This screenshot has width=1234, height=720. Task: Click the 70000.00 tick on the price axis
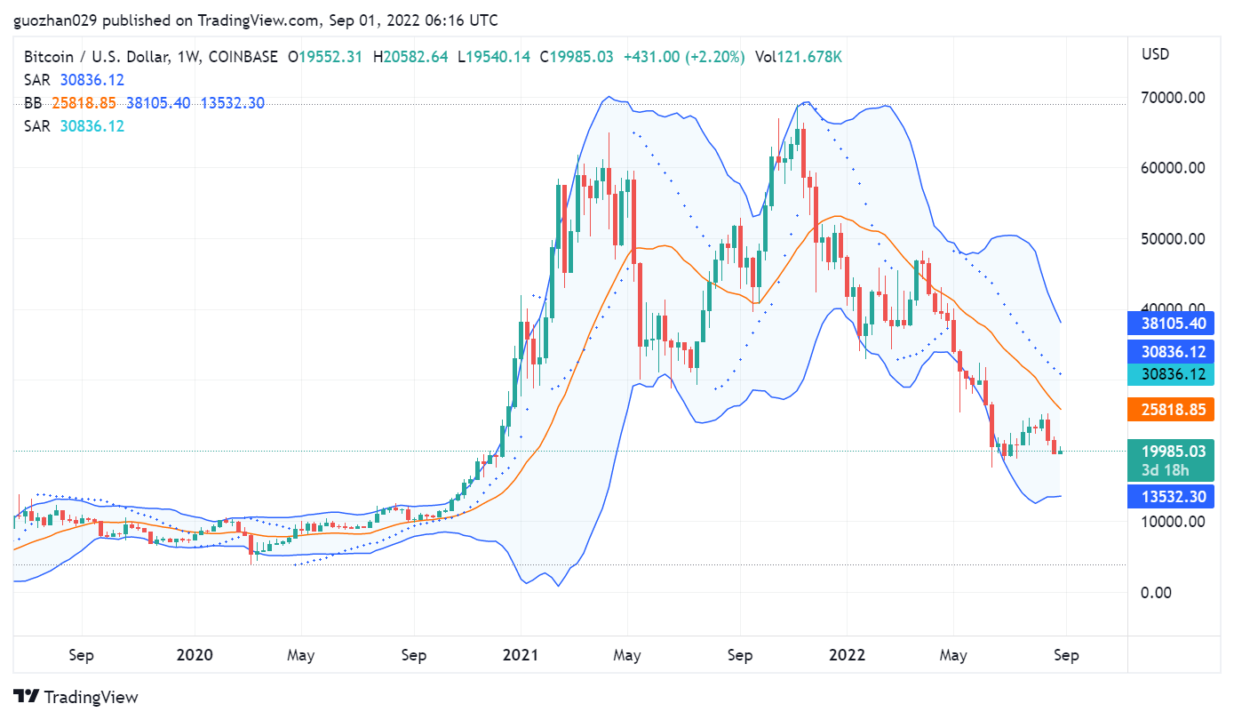click(1173, 97)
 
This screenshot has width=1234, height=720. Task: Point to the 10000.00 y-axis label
click(1173, 522)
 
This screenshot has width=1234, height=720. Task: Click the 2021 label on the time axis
click(521, 656)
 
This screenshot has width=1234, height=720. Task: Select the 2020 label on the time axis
click(195, 656)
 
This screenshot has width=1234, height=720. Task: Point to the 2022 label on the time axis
click(847, 656)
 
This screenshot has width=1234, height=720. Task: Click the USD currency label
click(1155, 54)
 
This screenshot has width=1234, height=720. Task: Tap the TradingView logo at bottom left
click(76, 697)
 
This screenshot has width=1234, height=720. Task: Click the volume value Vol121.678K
click(798, 57)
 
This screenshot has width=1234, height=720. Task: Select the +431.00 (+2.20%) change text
click(683, 57)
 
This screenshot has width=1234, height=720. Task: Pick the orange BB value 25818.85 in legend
click(84, 103)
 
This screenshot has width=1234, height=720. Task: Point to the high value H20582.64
click(410, 57)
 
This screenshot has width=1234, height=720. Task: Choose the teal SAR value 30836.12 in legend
click(92, 126)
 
